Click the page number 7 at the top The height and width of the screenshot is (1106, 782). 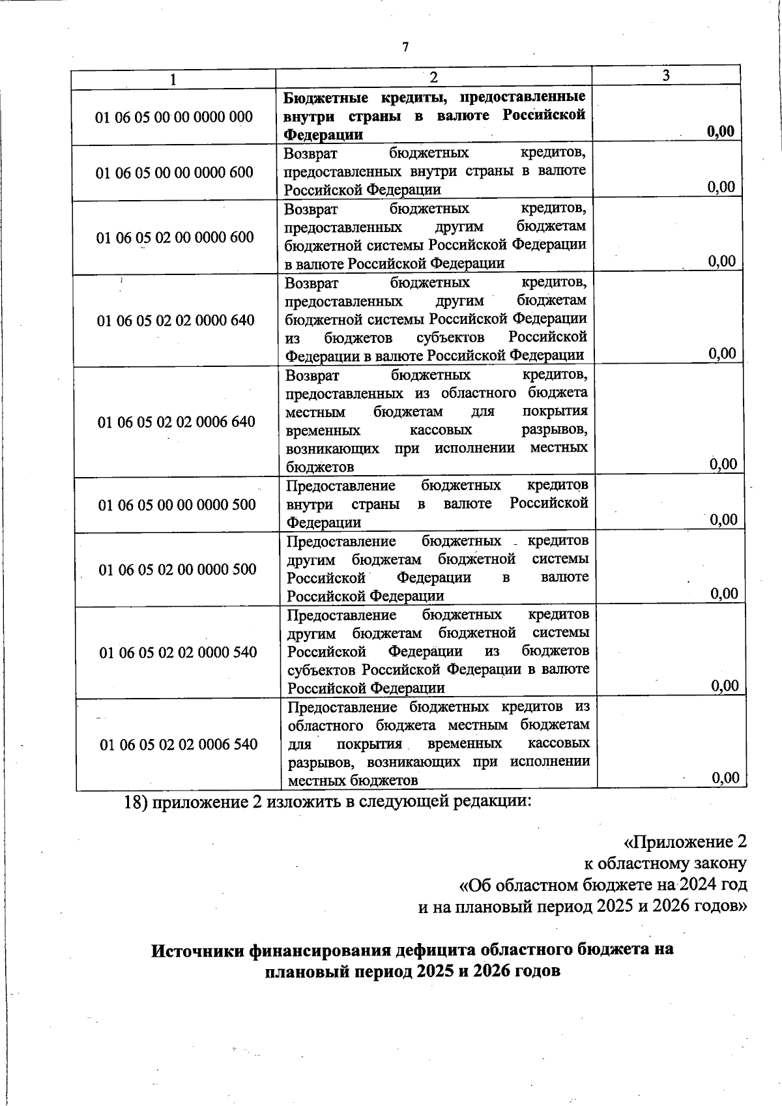tap(405, 47)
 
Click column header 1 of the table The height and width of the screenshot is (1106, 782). tap(173, 80)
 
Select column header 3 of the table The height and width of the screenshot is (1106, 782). tap(666, 76)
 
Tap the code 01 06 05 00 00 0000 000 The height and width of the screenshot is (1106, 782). tap(174, 117)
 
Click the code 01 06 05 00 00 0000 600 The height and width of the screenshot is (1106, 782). tap(175, 173)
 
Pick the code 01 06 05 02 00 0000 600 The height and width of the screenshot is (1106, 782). tap(175, 237)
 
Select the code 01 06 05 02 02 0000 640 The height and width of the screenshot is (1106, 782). tap(176, 321)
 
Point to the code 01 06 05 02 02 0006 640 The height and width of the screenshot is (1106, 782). tap(177, 422)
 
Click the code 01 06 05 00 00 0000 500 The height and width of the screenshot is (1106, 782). tap(177, 505)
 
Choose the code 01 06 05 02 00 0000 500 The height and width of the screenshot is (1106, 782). tap(178, 570)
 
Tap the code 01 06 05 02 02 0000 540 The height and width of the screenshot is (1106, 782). tap(178, 652)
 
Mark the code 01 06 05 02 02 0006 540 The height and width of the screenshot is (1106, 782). tap(179, 744)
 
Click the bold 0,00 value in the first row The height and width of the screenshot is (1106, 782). tap(721, 132)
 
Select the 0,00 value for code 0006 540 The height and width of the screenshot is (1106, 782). tap(725, 778)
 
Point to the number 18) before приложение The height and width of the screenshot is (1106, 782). tap(137, 802)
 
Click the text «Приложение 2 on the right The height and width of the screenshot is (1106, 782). tap(685, 842)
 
